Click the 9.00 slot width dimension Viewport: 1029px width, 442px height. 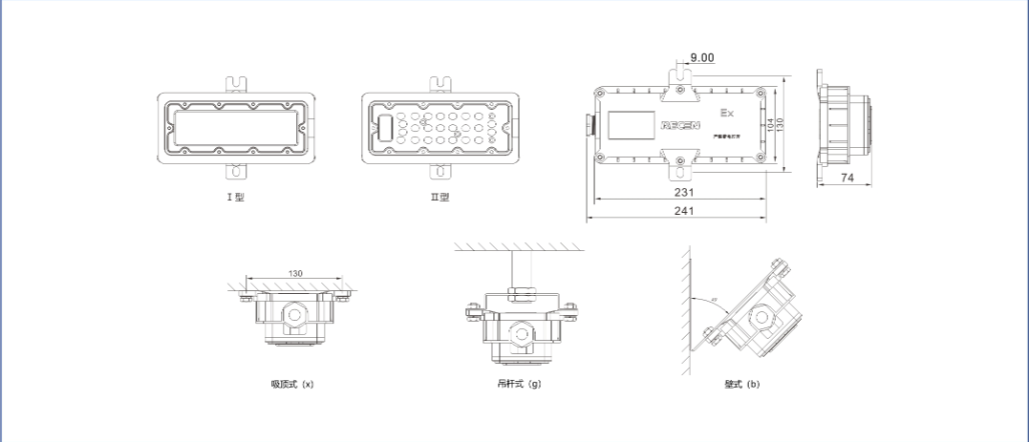[701, 57]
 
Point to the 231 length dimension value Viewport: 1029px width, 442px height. [683, 192]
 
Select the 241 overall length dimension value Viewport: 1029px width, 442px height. [683, 211]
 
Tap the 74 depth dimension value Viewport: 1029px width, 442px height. [847, 178]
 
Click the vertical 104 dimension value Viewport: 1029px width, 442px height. [770, 124]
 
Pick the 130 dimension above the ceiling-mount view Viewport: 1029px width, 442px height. [295, 274]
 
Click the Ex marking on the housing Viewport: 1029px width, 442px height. [726, 114]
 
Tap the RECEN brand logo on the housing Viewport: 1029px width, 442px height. [680, 124]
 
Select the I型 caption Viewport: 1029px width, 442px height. [235, 198]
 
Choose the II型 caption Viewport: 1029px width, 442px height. [439, 198]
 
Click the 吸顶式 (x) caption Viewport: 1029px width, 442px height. [292, 385]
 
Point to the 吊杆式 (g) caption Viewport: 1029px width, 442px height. [519, 385]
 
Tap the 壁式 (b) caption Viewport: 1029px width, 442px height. [742, 385]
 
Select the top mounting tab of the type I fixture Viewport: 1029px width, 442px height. [235, 83]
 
